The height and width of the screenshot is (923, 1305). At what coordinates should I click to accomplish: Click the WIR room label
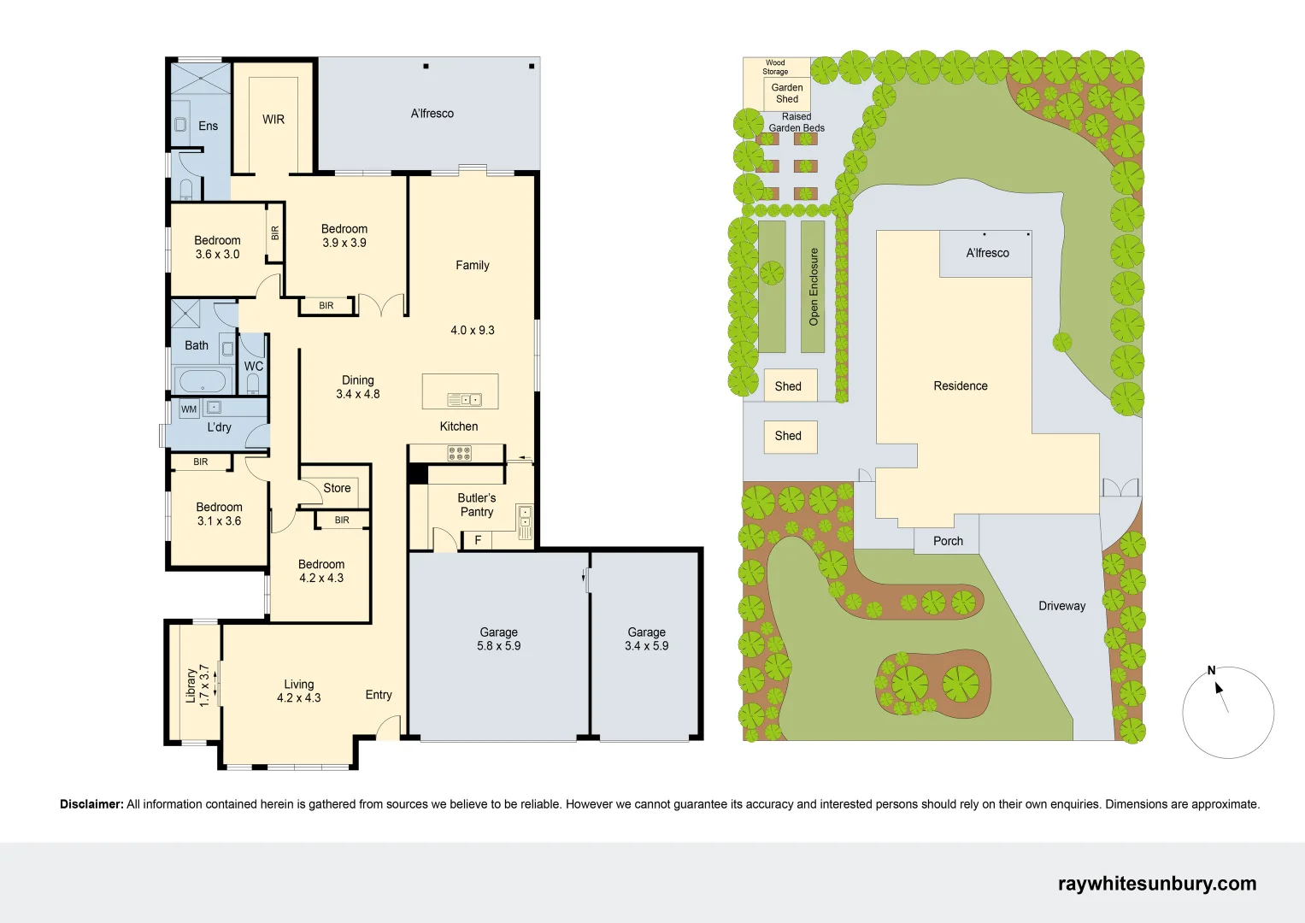pyautogui.click(x=273, y=120)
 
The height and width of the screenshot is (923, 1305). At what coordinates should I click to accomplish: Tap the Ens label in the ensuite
pyautogui.click(x=209, y=126)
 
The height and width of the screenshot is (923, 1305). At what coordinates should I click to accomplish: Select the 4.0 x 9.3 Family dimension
pyautogui.click(x=473, y=330)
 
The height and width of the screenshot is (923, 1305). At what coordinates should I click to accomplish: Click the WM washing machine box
pyautogui.click(x=189, y=409)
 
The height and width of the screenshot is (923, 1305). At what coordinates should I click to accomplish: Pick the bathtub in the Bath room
pyautogui.click(x=203, y=380)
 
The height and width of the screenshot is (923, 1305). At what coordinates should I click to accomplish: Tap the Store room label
pyautogui.click(x=337, y=488)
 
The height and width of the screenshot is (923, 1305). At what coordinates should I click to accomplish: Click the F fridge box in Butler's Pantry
pyautogui.click(x=478, y=540)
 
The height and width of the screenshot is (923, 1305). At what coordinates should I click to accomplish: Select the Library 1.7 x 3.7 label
pyautogui.click(x=197, y=685)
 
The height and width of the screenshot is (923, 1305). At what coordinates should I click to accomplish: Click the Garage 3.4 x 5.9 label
pyautogui.click(x=646, y=639)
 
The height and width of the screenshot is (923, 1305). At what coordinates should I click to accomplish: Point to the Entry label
pyautogui.click(x=379, y=695)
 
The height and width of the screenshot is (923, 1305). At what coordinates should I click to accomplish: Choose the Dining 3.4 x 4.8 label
pyautogui.click(x=357, y=387)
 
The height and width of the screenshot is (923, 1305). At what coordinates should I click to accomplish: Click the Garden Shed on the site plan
pyautogui.click(x=787, y=93)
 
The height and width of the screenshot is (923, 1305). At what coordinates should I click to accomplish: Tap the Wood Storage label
pyautogui.click(x=775, y=67)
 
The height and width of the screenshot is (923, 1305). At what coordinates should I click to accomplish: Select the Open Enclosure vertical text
pyautogui.click(x=814, y=286)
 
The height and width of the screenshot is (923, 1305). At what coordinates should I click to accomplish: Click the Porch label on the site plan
pyautogui.click(x=948, y=541)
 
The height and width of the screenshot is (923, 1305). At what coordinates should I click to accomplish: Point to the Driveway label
pyautogui.click(x=1061, y=606)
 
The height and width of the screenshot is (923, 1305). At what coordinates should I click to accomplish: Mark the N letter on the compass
pyautogui.click(x=1211, y=671)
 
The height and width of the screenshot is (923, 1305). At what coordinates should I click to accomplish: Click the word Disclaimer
pyautogui.click(x=91, y=804)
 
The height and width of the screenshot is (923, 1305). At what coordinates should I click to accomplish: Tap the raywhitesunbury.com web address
pyautogui.click(x=1156, y=884)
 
